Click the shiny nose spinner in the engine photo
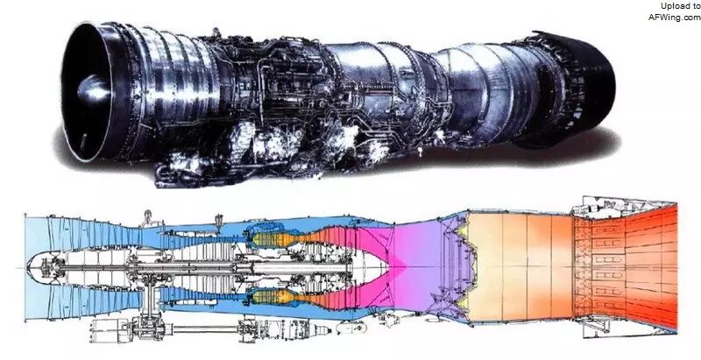(x=93, y=88)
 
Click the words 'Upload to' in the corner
(x=681, y=6)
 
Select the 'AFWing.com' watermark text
(x=674, y=18)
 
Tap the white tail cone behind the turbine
(x=372, y=268)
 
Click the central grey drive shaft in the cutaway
(x=202, y=268)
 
